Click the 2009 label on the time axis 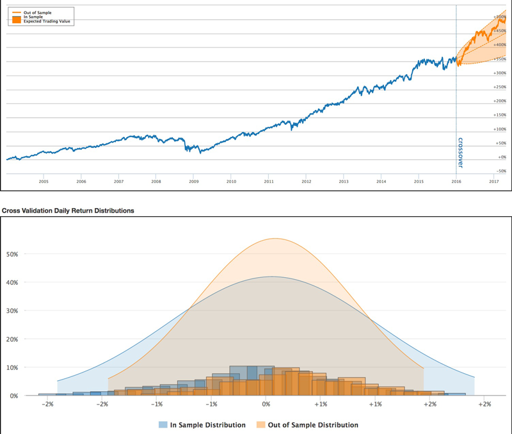193,182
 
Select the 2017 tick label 493,182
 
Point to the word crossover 460,152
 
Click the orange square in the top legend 17,20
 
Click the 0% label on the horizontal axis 266,405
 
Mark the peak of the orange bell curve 276,239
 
